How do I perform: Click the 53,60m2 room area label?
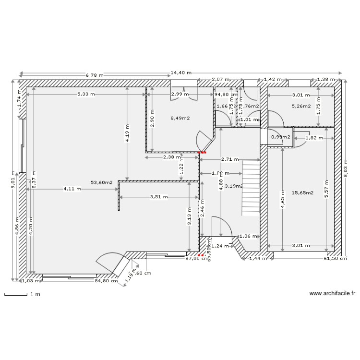point(101,182)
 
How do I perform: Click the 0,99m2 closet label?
point(281,137)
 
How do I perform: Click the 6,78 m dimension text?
point(96,75)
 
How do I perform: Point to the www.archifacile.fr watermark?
point(332,293)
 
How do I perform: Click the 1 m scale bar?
point(19,294)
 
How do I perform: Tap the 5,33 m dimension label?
point(86,95)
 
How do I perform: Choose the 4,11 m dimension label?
point(72,189)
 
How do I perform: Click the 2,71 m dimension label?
point(230,159)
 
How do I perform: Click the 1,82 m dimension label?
point(314,138)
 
